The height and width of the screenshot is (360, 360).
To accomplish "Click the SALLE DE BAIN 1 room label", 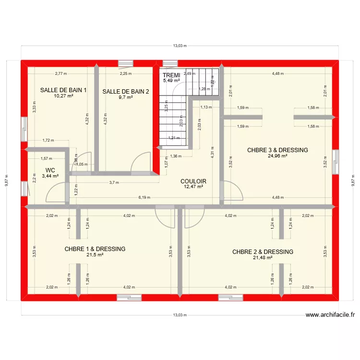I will point(63,90).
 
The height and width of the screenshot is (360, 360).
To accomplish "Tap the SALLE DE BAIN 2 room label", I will point(126,92).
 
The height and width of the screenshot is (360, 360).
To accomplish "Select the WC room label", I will point(50,170).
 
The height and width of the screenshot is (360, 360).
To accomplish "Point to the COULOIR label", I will point(193,181).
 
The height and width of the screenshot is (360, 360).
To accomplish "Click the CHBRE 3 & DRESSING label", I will point(277,150).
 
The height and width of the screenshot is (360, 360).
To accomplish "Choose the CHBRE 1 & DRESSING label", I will point(95,249).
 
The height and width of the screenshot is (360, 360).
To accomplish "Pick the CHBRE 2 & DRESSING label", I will point(263,252).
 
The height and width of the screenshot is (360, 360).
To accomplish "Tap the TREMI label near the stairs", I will point(171,75).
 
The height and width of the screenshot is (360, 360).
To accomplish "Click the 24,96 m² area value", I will point(277,156).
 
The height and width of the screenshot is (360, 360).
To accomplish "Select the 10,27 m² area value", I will point(63,96).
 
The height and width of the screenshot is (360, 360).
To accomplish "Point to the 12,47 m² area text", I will point(193,187).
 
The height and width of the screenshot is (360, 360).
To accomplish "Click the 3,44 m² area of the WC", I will point(50,176).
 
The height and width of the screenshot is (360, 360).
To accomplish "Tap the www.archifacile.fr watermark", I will point(330,315).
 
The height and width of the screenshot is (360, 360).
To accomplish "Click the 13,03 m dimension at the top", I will point(180,46).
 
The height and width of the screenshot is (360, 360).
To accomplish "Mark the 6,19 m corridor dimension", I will point(144,197).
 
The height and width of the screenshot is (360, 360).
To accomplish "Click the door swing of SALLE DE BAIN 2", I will point(141,162).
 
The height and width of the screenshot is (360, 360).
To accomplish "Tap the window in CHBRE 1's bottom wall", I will point(130,298).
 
